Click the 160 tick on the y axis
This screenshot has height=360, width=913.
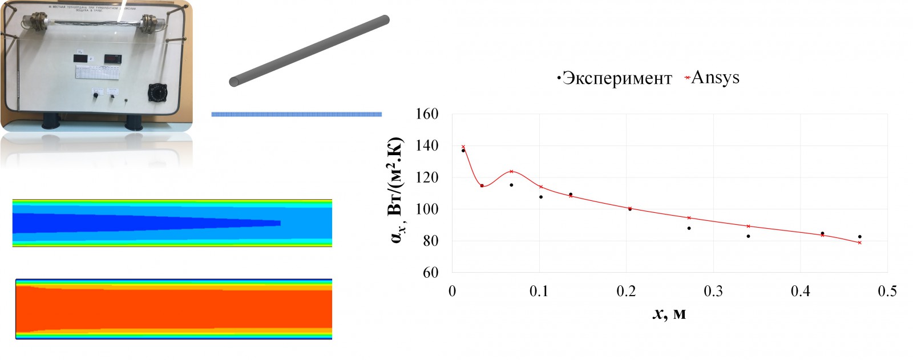click(427, 114)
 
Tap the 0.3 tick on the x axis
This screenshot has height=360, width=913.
click(713, 292)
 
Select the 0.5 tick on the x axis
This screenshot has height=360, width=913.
click(887, 292)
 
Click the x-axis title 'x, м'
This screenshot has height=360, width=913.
click(669, 313)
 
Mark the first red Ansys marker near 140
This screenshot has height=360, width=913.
click(463, 147)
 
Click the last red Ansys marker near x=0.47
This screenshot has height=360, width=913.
click(859, 242)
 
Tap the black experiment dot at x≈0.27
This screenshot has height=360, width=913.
click(689, 228)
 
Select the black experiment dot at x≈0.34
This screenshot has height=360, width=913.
click(748, 236)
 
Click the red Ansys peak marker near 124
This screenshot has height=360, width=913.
click(511, 171)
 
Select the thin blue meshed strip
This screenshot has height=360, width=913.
click(296, 114)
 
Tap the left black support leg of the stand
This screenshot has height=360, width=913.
click(50, 121)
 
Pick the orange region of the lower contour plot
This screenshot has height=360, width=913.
click(171, 308)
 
